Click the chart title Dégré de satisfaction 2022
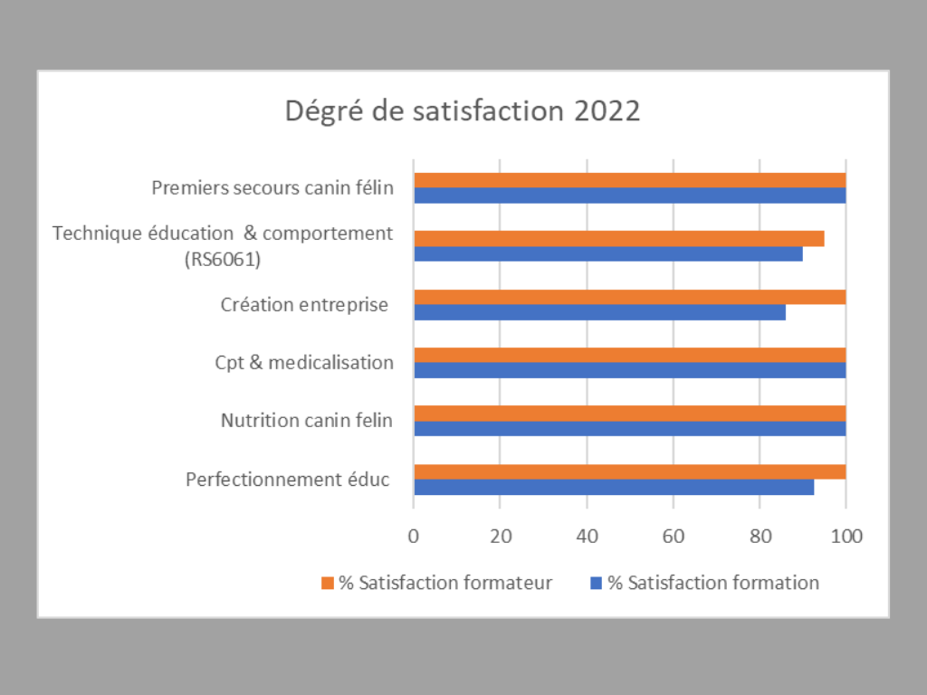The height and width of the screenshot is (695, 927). [x=463, y=111]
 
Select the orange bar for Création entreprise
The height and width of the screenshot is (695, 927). [x=629, y=297]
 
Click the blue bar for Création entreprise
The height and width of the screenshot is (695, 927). [x=599, y=312]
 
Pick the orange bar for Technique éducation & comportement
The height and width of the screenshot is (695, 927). [x=618, y=239]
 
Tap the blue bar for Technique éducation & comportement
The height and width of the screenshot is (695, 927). [x=608, y=254]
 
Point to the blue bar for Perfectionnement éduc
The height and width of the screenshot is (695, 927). [x=614, y=487]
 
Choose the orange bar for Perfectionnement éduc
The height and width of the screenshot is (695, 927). [x=629, y=471]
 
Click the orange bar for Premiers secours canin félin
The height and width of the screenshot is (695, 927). [x=629, y=180]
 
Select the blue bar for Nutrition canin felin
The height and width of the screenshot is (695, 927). [x=629, y=429]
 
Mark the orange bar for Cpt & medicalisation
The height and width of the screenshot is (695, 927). [x=629, y=355]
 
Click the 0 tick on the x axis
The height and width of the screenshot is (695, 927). [x=414, y=535]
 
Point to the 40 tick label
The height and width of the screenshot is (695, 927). [x=587, y=535]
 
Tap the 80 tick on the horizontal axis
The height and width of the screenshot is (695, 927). [x=760, y=535]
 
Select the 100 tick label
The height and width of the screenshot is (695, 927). [x=846, y=535]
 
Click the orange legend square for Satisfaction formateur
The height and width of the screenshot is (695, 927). [x=328, y=583]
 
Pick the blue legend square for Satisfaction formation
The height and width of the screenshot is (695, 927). [x=596, y=583]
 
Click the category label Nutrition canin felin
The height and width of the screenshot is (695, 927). [x=307, y=421]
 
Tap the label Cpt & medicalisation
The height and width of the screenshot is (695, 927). [x=304, y=363]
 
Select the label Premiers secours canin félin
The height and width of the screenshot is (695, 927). [x=272, y=188]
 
